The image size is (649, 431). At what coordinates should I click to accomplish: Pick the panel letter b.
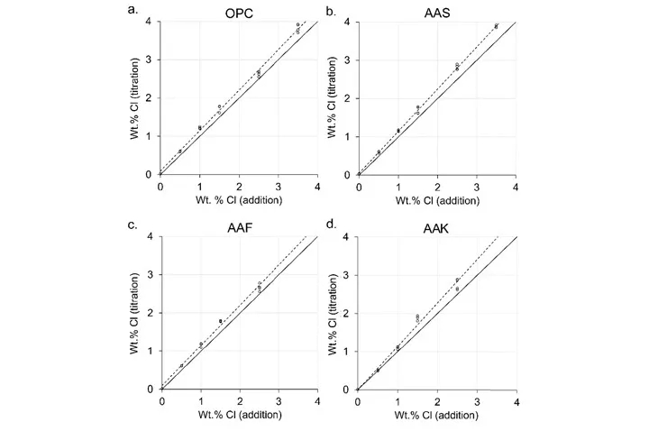point(333,10)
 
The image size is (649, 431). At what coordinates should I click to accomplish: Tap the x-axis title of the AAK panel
point(437,414)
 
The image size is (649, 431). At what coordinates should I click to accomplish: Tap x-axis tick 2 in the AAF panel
point(239,400)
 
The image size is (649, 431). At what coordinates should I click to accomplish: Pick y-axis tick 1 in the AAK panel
point(350,351)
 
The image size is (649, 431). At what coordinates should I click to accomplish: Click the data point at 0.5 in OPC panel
point(180,151)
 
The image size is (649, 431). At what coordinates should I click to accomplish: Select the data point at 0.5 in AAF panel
point(180,365)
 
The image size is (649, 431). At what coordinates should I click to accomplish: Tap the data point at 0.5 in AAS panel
point(379,151)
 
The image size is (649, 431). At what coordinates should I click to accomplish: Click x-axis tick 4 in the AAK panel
point(516,400)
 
